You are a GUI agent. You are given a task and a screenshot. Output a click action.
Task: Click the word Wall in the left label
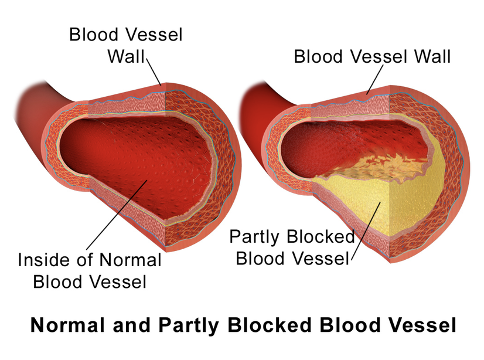[126, 56]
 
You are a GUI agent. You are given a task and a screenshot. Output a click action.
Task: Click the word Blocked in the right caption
[319, 237]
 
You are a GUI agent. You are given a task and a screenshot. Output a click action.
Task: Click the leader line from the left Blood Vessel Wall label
[154, 72]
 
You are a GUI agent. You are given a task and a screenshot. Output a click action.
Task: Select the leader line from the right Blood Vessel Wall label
[375, 79]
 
